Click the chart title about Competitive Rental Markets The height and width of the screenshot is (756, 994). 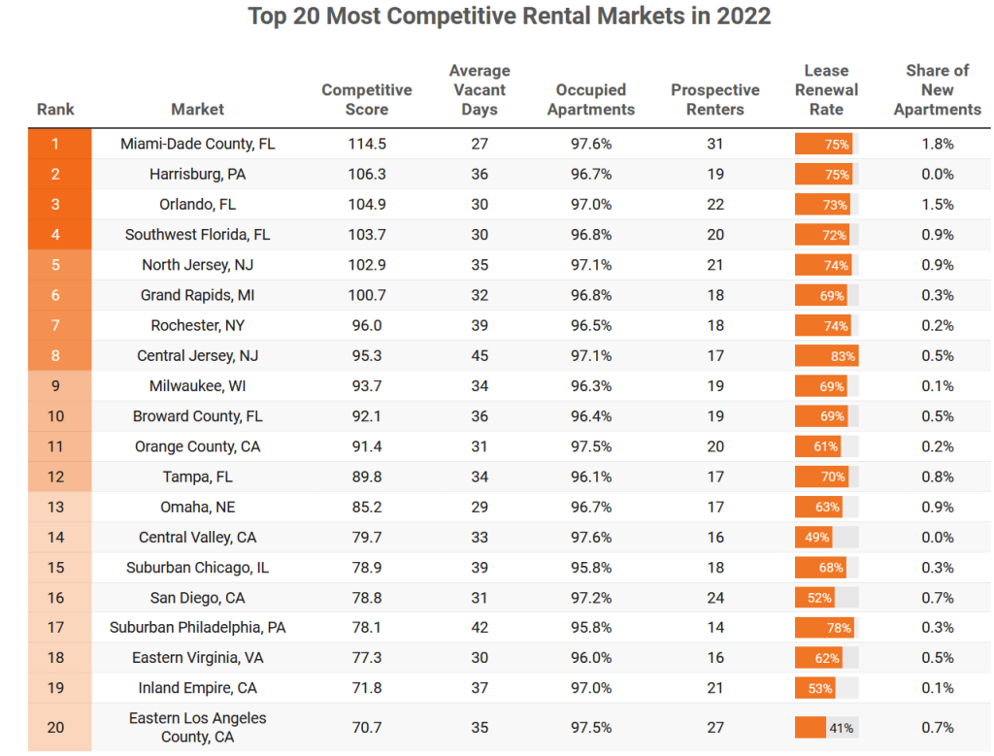pyautogui.click(x=509, y=17)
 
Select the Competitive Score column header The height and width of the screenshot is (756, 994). pyautogui.click(x=367, y=100)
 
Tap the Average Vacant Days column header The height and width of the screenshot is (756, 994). pyautogui.click(x=480, y=90)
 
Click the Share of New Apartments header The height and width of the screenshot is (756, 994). pyautogui.click(x=937, y=90)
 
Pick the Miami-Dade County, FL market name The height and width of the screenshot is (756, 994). pyautogui.click(x=198, y=144)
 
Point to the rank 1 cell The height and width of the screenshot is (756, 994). pyautogui.click(x=55, y=144)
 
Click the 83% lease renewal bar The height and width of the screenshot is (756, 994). pyautogui.click(x=826, y=356)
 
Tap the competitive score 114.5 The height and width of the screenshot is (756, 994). pyautogui.click(x=367, y=144)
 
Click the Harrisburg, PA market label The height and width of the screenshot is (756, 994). pyautogui.click(x=198, y=175)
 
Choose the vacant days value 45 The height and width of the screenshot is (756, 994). pyautogui.click(x=480, y=356)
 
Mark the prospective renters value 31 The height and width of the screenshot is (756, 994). pyautogui.click(x=715, y=144)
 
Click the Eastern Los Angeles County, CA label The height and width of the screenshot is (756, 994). pyautogui.click(x=198, y=727)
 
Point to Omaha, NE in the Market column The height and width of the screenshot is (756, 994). pyautogui.click(x=198, y=508)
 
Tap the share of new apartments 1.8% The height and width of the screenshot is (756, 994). pyautogui.click(x=937, y=144)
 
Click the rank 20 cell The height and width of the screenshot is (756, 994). pyautogui.click(x=55, y=727)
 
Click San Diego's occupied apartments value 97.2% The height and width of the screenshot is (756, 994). pyautogui.click(x=591, y=598)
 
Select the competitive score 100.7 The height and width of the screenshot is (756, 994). pyautogui.click(x=367, y=295)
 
